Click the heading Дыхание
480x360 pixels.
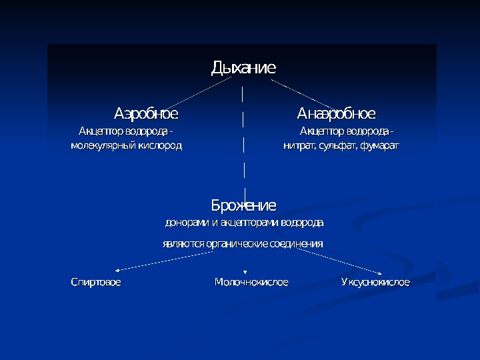point(243,67)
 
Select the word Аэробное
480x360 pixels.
point(146,113)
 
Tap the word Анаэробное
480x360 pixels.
point(336,113)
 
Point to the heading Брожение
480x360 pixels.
point(243,205)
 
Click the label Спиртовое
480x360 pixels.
point(96,283)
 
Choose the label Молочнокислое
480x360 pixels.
point(251,283)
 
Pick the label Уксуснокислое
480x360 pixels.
point(375,283)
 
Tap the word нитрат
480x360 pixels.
point(296,145)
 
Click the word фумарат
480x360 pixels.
point(379,145)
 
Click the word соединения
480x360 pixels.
point(297,244)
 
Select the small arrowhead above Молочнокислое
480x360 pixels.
point(246,271)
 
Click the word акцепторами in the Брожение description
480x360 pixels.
point(252,222)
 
